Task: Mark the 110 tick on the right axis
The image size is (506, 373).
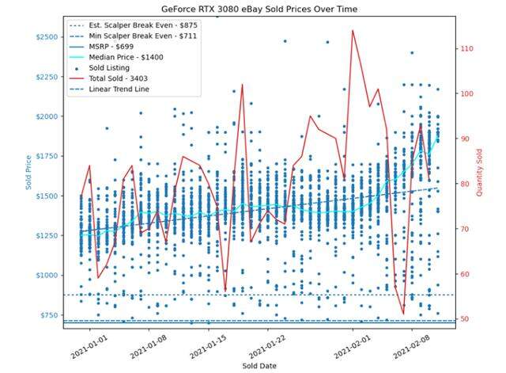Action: click(x=466, y=49)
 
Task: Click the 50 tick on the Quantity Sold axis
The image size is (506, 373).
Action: click(x=464, y=319)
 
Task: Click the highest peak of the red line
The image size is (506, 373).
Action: click(x=353, y=31)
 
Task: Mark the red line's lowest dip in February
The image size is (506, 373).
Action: click(x=403, y=314)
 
